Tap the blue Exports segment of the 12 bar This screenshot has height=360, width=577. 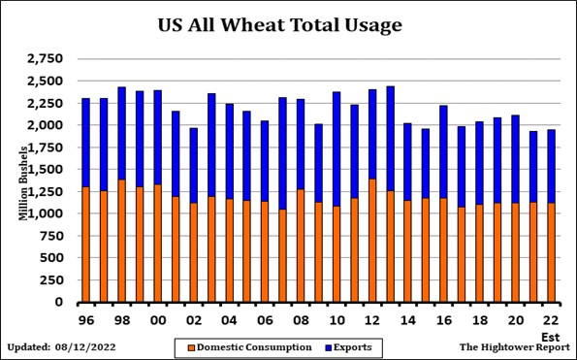coord(371,134)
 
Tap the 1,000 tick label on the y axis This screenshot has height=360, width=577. coord(46,214)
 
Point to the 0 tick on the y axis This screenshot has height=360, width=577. coord(60,303)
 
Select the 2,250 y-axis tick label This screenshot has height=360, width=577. coord(46,104)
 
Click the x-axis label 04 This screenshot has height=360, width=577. coord(229,320)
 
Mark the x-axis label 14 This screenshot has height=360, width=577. coord(407,320)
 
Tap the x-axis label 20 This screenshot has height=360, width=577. coord(514,320)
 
